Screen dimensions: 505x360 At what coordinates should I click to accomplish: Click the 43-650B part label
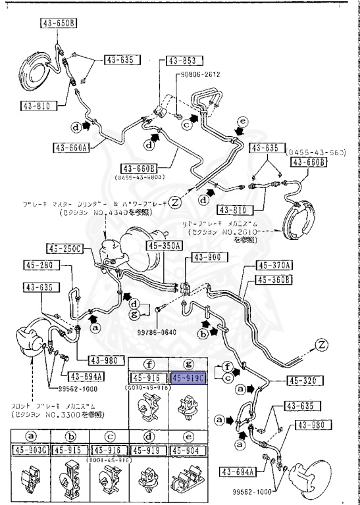click(59, 24)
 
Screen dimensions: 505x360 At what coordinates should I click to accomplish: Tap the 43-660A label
click(72, 146)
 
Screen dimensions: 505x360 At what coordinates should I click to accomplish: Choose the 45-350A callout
click(172, 246)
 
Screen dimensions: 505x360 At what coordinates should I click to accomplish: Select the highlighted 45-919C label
click(188, 378)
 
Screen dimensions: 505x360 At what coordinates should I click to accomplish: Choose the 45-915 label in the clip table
click(69, 450)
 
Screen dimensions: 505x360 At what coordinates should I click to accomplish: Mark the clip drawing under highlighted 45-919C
click(188, 409)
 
